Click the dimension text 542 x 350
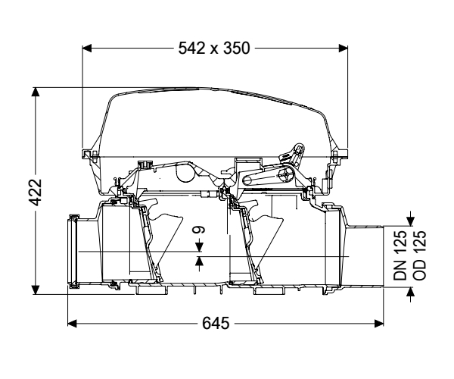tap(213, 49)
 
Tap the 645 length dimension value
tap(216, 323)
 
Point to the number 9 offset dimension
tap(199, 230)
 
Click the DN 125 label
tap(400, 255)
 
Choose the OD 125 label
tap(419, 255)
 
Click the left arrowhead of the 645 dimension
tap(72, 324)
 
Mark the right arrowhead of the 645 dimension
tap(379, 324)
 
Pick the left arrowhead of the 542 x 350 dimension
tap(87, 49)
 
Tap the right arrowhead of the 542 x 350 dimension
tap(343, 49)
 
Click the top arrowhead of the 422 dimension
tap(36, 92)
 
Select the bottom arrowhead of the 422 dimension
tap(36, 290)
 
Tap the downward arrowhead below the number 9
tap(199, 247)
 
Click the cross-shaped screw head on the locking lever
tap(285, 176)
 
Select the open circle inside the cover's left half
tap(185, 173)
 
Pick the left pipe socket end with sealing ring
tap(73, 252)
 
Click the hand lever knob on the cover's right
tap(297, 148)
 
